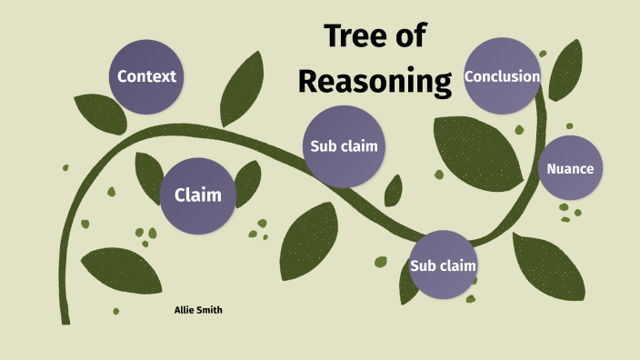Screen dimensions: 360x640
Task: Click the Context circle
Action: coord(146,76)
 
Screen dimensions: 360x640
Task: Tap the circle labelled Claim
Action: coord(197,195)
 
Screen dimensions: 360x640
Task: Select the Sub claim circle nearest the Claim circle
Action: coord(343,145)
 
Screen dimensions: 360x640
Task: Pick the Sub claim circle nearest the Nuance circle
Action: coord(443,265)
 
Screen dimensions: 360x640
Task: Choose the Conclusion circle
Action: coord(502,76)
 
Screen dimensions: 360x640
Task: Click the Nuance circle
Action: coord(570,168)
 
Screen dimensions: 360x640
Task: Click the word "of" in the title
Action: coord(412,37)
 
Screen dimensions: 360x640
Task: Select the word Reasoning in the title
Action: coord(375,81)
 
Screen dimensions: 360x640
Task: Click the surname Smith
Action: coord(210,310)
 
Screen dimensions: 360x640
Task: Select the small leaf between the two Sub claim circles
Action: coord(393,190)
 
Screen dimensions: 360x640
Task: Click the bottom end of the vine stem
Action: coord(65,318)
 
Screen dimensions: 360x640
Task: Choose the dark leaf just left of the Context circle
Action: coord(100,114)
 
